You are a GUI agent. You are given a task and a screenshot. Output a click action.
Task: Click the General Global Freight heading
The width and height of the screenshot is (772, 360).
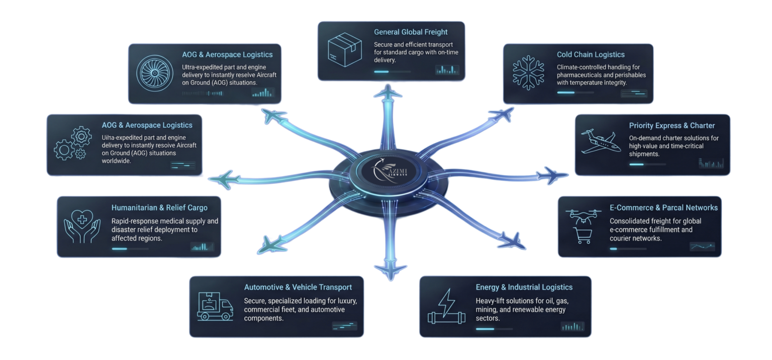411,32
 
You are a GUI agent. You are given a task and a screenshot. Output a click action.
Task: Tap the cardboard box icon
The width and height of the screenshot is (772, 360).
345,50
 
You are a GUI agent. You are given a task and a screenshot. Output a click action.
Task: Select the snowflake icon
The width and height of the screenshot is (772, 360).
528,73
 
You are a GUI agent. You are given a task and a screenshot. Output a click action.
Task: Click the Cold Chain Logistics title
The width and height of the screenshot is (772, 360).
591,54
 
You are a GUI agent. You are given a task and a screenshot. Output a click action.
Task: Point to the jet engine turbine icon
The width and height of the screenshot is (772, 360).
154,73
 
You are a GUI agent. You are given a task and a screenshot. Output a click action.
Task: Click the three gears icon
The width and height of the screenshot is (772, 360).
73,143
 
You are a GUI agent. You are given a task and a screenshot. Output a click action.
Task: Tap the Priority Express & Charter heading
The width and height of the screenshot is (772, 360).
671,126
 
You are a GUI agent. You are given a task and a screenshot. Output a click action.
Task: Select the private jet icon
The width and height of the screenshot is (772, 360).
601,141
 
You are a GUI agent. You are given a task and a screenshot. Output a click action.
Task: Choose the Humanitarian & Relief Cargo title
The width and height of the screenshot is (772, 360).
159,208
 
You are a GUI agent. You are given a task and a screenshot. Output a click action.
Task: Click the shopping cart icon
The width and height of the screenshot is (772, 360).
583,235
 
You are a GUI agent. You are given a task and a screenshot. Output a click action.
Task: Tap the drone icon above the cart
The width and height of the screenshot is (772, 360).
583,216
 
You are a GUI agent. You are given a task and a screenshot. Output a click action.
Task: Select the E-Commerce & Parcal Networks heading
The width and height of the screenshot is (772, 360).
663,208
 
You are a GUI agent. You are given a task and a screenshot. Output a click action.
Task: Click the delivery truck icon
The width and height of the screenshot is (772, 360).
215,306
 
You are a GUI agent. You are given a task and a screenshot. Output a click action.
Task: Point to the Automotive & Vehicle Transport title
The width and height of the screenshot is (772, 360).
298,287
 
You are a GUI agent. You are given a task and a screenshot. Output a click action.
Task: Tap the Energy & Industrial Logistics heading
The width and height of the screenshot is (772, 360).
524,287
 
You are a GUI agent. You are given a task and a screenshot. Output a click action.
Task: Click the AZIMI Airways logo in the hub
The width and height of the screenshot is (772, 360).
389,170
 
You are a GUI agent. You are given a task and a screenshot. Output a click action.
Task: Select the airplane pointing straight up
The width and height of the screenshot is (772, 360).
388,93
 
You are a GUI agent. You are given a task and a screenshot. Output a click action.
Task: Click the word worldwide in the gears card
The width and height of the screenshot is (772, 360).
116,161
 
